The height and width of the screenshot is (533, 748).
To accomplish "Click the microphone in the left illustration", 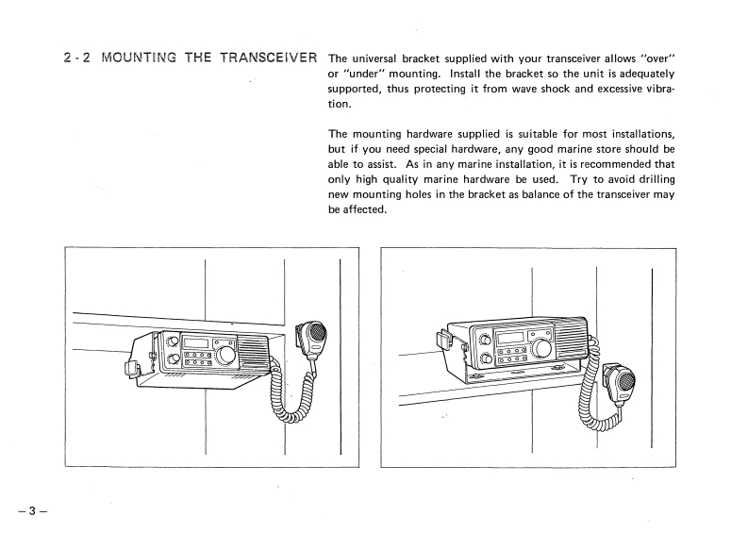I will pyautogui.click(x=314, y=337).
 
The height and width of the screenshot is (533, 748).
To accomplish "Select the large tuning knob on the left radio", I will pyautogui.click(x=227, y=357).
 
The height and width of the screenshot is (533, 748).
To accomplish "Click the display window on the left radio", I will pyautogui.click(x=195, y=344).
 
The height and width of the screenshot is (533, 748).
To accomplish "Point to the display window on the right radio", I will pyautogui.click(x=510, y=337).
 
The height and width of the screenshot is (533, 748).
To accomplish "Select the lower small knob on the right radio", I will pyautogui.click(x=485, y=358).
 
